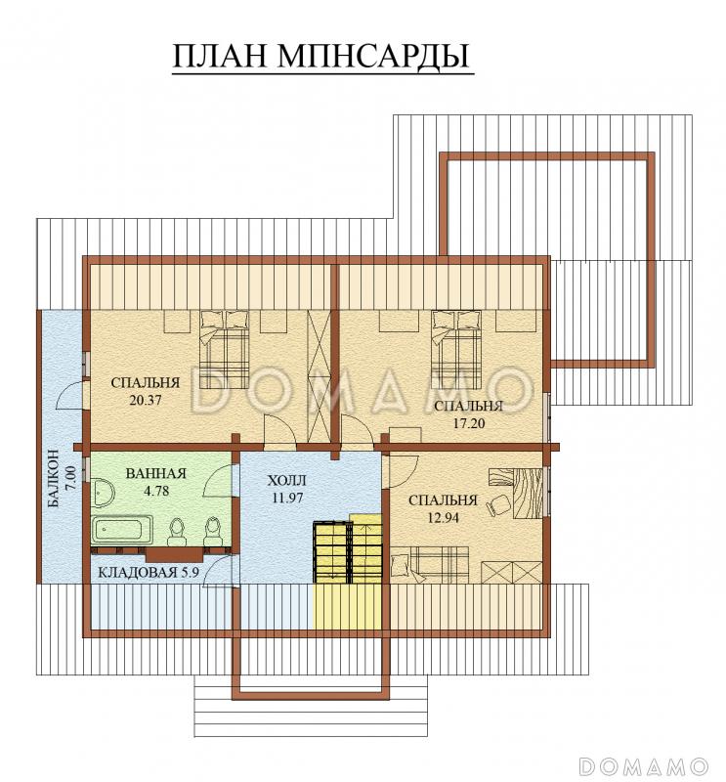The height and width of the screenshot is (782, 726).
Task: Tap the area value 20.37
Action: [146, 400]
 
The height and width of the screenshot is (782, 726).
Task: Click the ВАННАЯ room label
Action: [155, 473]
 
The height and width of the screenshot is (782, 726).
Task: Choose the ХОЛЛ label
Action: [286, 482]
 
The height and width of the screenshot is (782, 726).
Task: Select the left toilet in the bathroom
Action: [177, 531]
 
